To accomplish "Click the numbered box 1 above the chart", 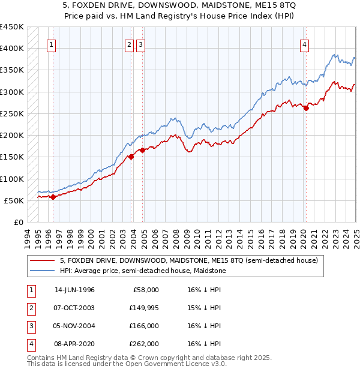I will click(51, 44).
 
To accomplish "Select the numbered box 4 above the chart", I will click(305, 44).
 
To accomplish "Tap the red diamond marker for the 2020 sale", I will click(306, 109).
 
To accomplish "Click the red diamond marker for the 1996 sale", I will click(53, 197).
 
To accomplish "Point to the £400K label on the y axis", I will click(12, 49).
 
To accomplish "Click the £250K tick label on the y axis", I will click(12, 113).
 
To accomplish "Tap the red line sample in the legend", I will click(42, 261).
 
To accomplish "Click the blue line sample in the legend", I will click(42, 271).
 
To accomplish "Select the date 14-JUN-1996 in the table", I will click(74, 290).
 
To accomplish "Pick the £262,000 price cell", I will click(144, 344).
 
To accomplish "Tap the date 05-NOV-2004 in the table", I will click(74, 326).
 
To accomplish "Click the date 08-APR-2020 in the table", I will click(74, 344).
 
